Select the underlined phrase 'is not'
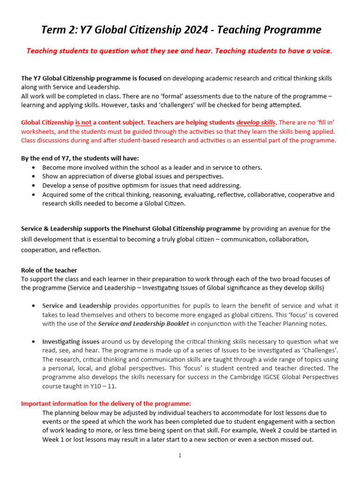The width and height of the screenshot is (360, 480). pyautogui.click(x=83, y=122)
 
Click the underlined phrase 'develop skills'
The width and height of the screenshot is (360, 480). pyautogui.click(x=256, y=122)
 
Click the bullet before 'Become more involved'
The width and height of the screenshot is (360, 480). pyautogui.click(x=32, y=167)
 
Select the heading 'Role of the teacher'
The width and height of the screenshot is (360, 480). pyautogui.click(x=49, y=270)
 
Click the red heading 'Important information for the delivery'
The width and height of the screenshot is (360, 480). pyautogui.click(x=106, y=404)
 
